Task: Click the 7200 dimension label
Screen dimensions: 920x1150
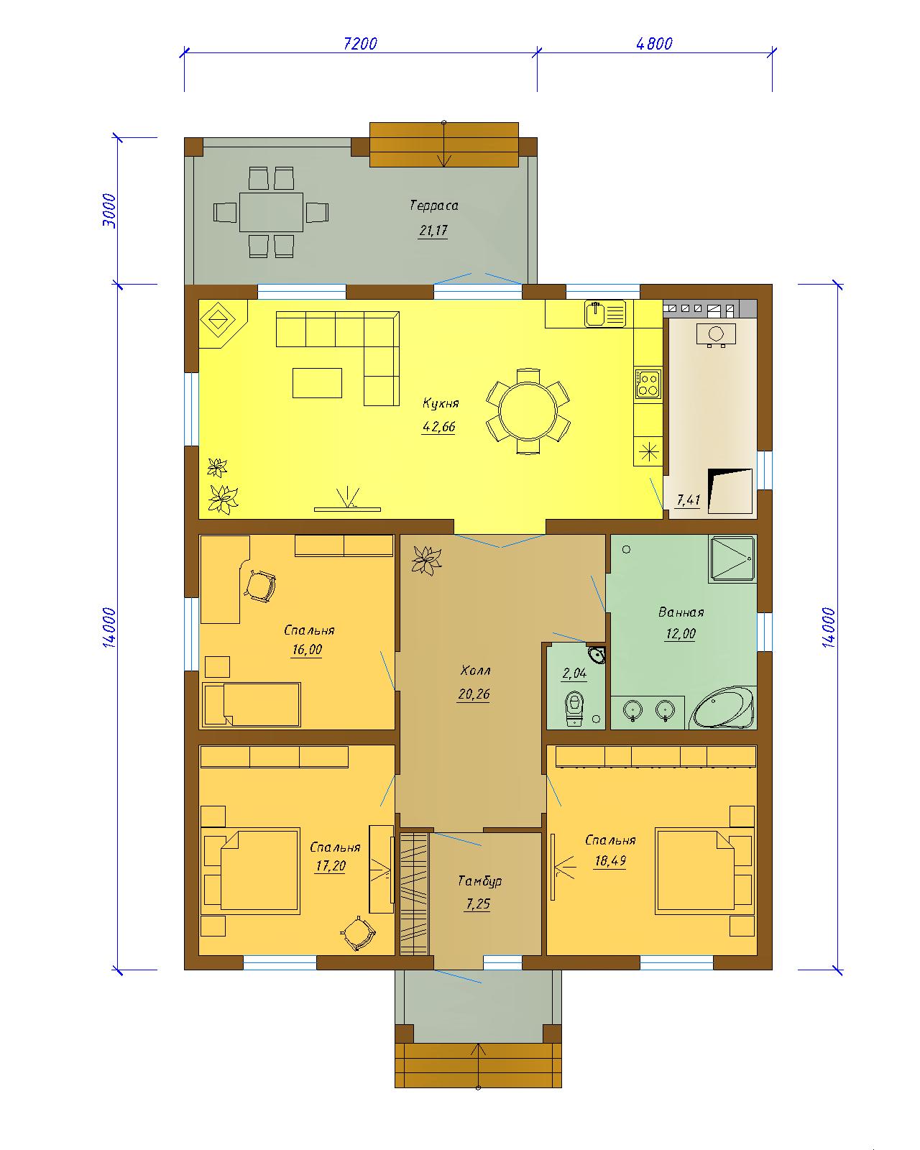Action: point(360,43)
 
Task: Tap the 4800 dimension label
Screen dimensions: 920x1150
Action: point(654,43)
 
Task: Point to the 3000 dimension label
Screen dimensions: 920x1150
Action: point(109,211)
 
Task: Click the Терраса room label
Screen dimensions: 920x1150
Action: point(433,206)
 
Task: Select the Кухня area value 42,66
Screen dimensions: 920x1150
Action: point(439,426)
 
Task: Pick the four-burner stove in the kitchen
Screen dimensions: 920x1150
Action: point(648,383)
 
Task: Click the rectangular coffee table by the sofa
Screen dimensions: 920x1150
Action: point(317,382)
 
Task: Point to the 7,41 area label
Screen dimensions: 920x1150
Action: point(689,500)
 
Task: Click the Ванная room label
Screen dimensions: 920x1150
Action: point(681,612)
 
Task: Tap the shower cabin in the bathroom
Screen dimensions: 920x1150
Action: point(732,558)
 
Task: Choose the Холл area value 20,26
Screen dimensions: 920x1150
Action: point(474,694)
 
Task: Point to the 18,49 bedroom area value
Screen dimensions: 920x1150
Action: point(610,861)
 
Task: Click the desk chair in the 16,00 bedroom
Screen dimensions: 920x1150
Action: point(259,586)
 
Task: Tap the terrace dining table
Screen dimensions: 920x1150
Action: point(271,212)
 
